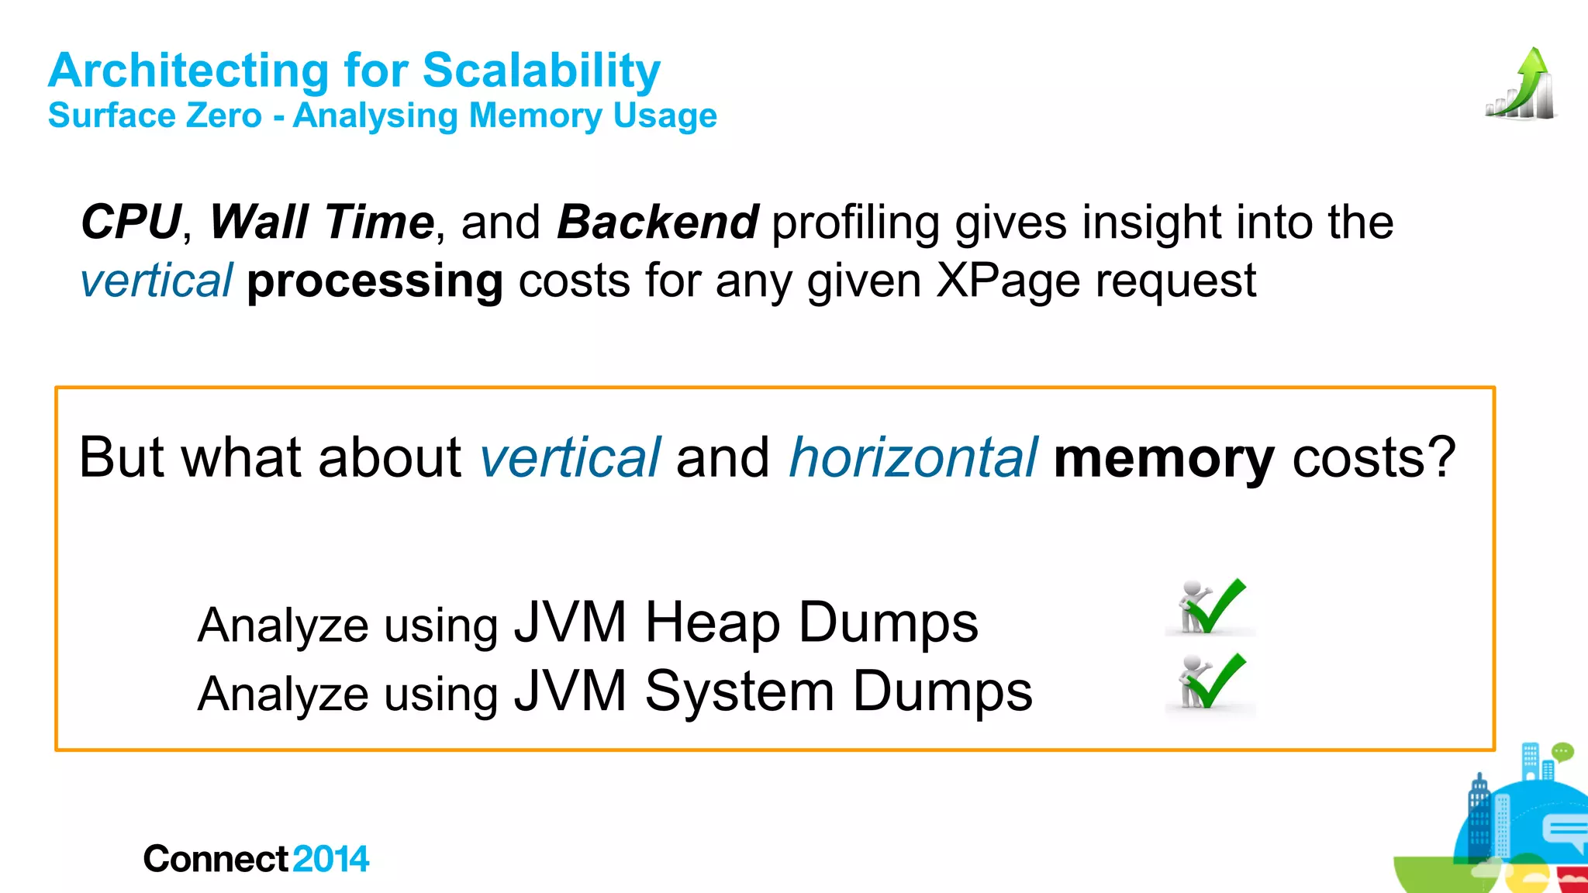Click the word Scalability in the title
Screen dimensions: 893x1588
pos(540,71)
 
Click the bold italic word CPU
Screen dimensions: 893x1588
pos(131,222)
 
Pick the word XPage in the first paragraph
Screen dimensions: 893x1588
pos(1007,281)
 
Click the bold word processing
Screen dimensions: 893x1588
pos(375,281)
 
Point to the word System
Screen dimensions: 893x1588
pos(739,691)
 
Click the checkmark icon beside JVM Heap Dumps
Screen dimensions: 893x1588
pos(1210,606)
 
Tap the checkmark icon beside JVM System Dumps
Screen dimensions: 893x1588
pos(1210,681)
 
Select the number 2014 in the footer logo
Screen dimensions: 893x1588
pos(331,859)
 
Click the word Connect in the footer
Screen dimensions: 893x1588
pos(216,859)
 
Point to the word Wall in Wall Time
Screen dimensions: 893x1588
pos(259,222)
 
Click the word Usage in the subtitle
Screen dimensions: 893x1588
pos(665,116)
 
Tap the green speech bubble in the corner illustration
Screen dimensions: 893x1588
pos(1562,751)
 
